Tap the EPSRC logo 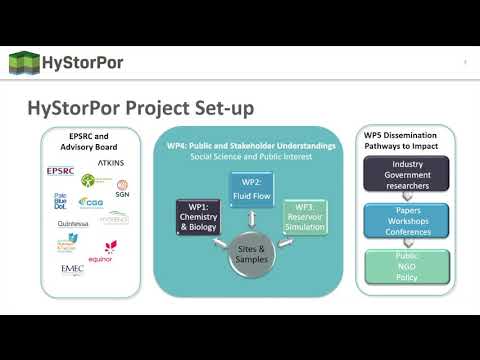(x=61, y=172)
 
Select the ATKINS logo (x=110, y=160)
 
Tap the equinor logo (x=109, y=248)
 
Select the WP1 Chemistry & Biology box (x=197, y=219)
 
